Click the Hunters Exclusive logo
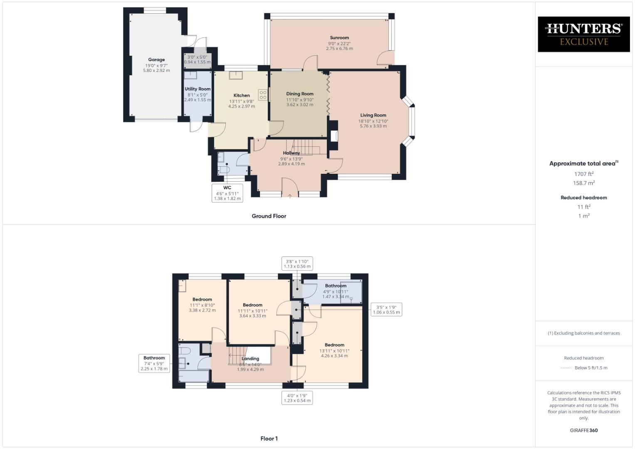tap(583, 34)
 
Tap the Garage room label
tap(156, 60)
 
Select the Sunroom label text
tap(339, 38)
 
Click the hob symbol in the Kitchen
tap(263, 95)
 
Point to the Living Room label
tap(373, 115)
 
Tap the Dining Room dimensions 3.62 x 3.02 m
tap(299, 105)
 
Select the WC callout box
tap(227, 193)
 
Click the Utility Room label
tap(198, 89)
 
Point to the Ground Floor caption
tap(269, 216)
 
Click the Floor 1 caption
tap(269, 439)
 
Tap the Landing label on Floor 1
tap(250, 359)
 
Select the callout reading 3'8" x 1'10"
tap(296, 264)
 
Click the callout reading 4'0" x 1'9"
tap(297, 398)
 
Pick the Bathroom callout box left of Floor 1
tap(154, 363)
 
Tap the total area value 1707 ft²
tap(583, 174)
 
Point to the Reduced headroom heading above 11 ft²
tap(583, 198)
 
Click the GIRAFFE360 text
tap(583, 430)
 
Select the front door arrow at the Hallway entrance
tap(290, 195)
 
